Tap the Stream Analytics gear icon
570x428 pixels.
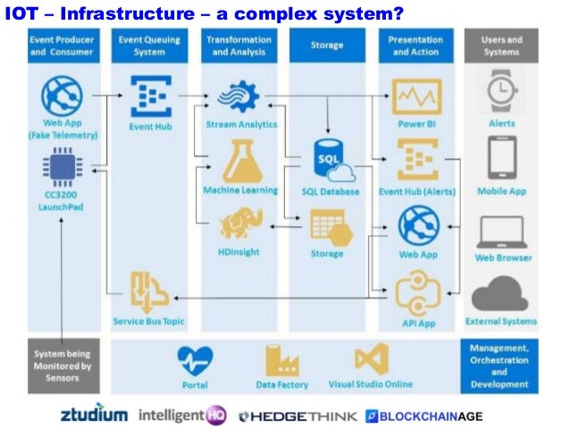tap(240, 97)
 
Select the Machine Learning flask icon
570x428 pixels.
tap(239, 162)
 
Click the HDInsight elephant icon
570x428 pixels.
tap(239, 223)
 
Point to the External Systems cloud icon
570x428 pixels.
tap(501, 293)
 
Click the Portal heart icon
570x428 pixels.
tap(194, 361)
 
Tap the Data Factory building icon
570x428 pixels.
tap(281, 360)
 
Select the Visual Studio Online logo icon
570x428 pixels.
tap(370, 359)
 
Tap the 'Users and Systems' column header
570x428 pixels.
tap(501, 46)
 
